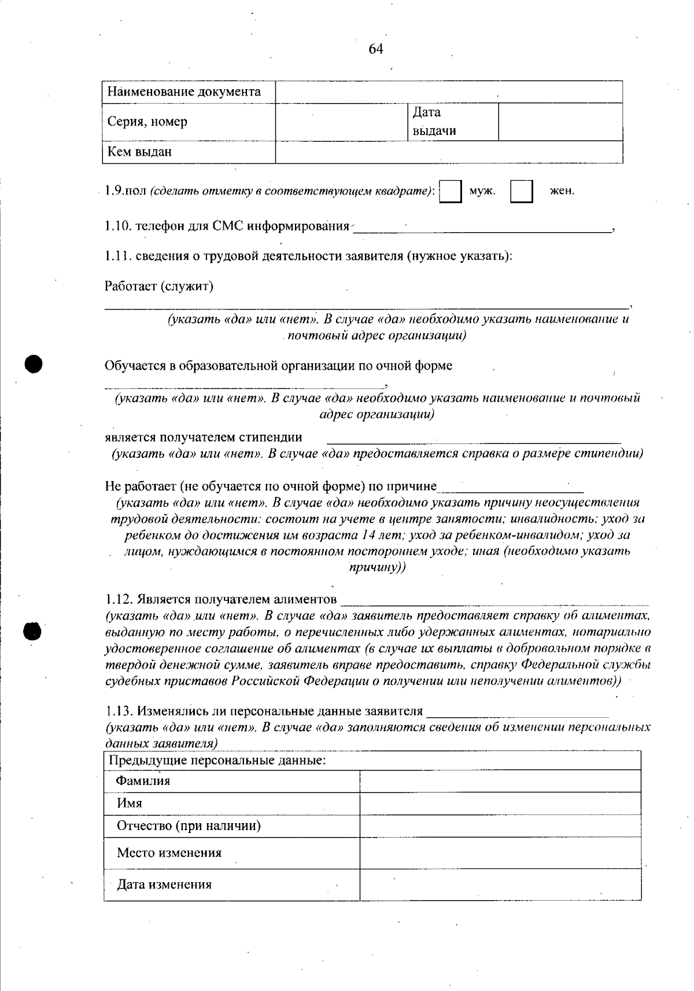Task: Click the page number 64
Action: pyautogui.click(x=376, y=49)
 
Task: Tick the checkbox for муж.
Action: pyautogui.click(x=451, y=191)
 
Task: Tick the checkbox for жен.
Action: pyautogui.click(x=521, y=191)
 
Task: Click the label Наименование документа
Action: pyautogui.click(x=184, y=91)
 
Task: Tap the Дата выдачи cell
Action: pyautogui.click(x=434, y=122)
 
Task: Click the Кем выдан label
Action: pyautogui.click(x=139, y=152)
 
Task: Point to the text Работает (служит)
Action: pyautogui.click(x=159, y=286)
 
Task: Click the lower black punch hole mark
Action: pyautogui.click(x=33, y=631)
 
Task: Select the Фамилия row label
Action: pyautogui.click(x=143, y=781)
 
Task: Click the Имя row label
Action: pyautogui.click(x=130, y=803)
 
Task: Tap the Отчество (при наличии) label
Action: pyautogui.click(x=189, y=826)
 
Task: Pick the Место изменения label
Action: pyautogui.click(x=169, y=853)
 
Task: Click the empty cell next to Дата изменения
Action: pyautogui.click(x=500, y=884)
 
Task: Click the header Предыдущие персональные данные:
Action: pyautogui.click(x=217, y=761)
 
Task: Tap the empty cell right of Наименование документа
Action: pyautogui.click(x=449, y=91)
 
